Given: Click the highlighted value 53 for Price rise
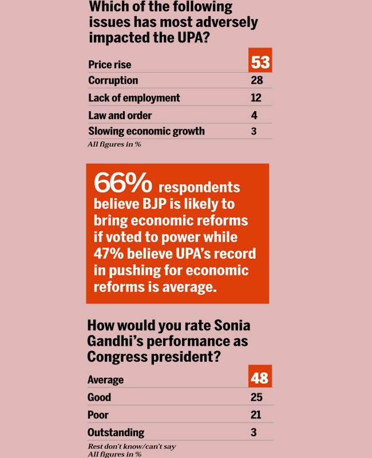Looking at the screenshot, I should [x=260, y=62].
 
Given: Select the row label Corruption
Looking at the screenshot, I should [x=113, y=80].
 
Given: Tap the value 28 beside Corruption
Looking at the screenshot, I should [x=257, y=80].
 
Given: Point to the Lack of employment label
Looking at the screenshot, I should [x=134, y=98].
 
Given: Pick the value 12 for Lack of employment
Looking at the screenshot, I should [x=256, y=98].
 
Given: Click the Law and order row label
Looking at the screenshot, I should [x=120, y=115].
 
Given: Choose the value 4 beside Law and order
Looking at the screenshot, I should [x=254, y=115].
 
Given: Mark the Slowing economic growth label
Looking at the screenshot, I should [x=146, y=131].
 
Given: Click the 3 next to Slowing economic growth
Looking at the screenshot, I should [x=254, y=131].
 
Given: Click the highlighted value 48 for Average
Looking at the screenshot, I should [x=260, y=377].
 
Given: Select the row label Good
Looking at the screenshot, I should [x=99, y=397].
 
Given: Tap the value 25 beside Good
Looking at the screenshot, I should [x=256, y=397].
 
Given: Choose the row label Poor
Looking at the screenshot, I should [x=98, y=414].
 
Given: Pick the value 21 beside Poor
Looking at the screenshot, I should [x=256, y=414].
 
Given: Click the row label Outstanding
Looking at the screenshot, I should [x=116, y=432].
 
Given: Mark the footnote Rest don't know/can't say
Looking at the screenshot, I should [x=131, y=446].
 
